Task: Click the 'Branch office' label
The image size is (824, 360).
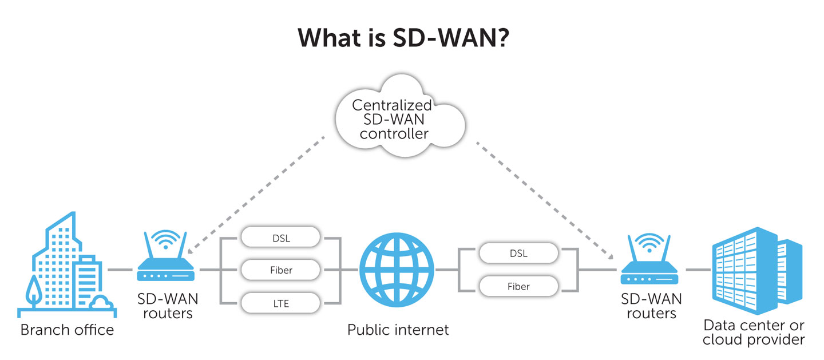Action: click(67, 330)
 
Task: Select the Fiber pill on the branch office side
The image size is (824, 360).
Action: click(280, 270)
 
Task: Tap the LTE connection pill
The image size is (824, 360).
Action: click(280, 303)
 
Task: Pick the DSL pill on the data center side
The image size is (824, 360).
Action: click(518, 254)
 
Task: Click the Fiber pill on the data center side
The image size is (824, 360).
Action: click(518, 286)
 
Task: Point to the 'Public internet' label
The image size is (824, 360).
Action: click(398, 330)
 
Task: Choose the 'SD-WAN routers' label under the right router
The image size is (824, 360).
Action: click(651, 306)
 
